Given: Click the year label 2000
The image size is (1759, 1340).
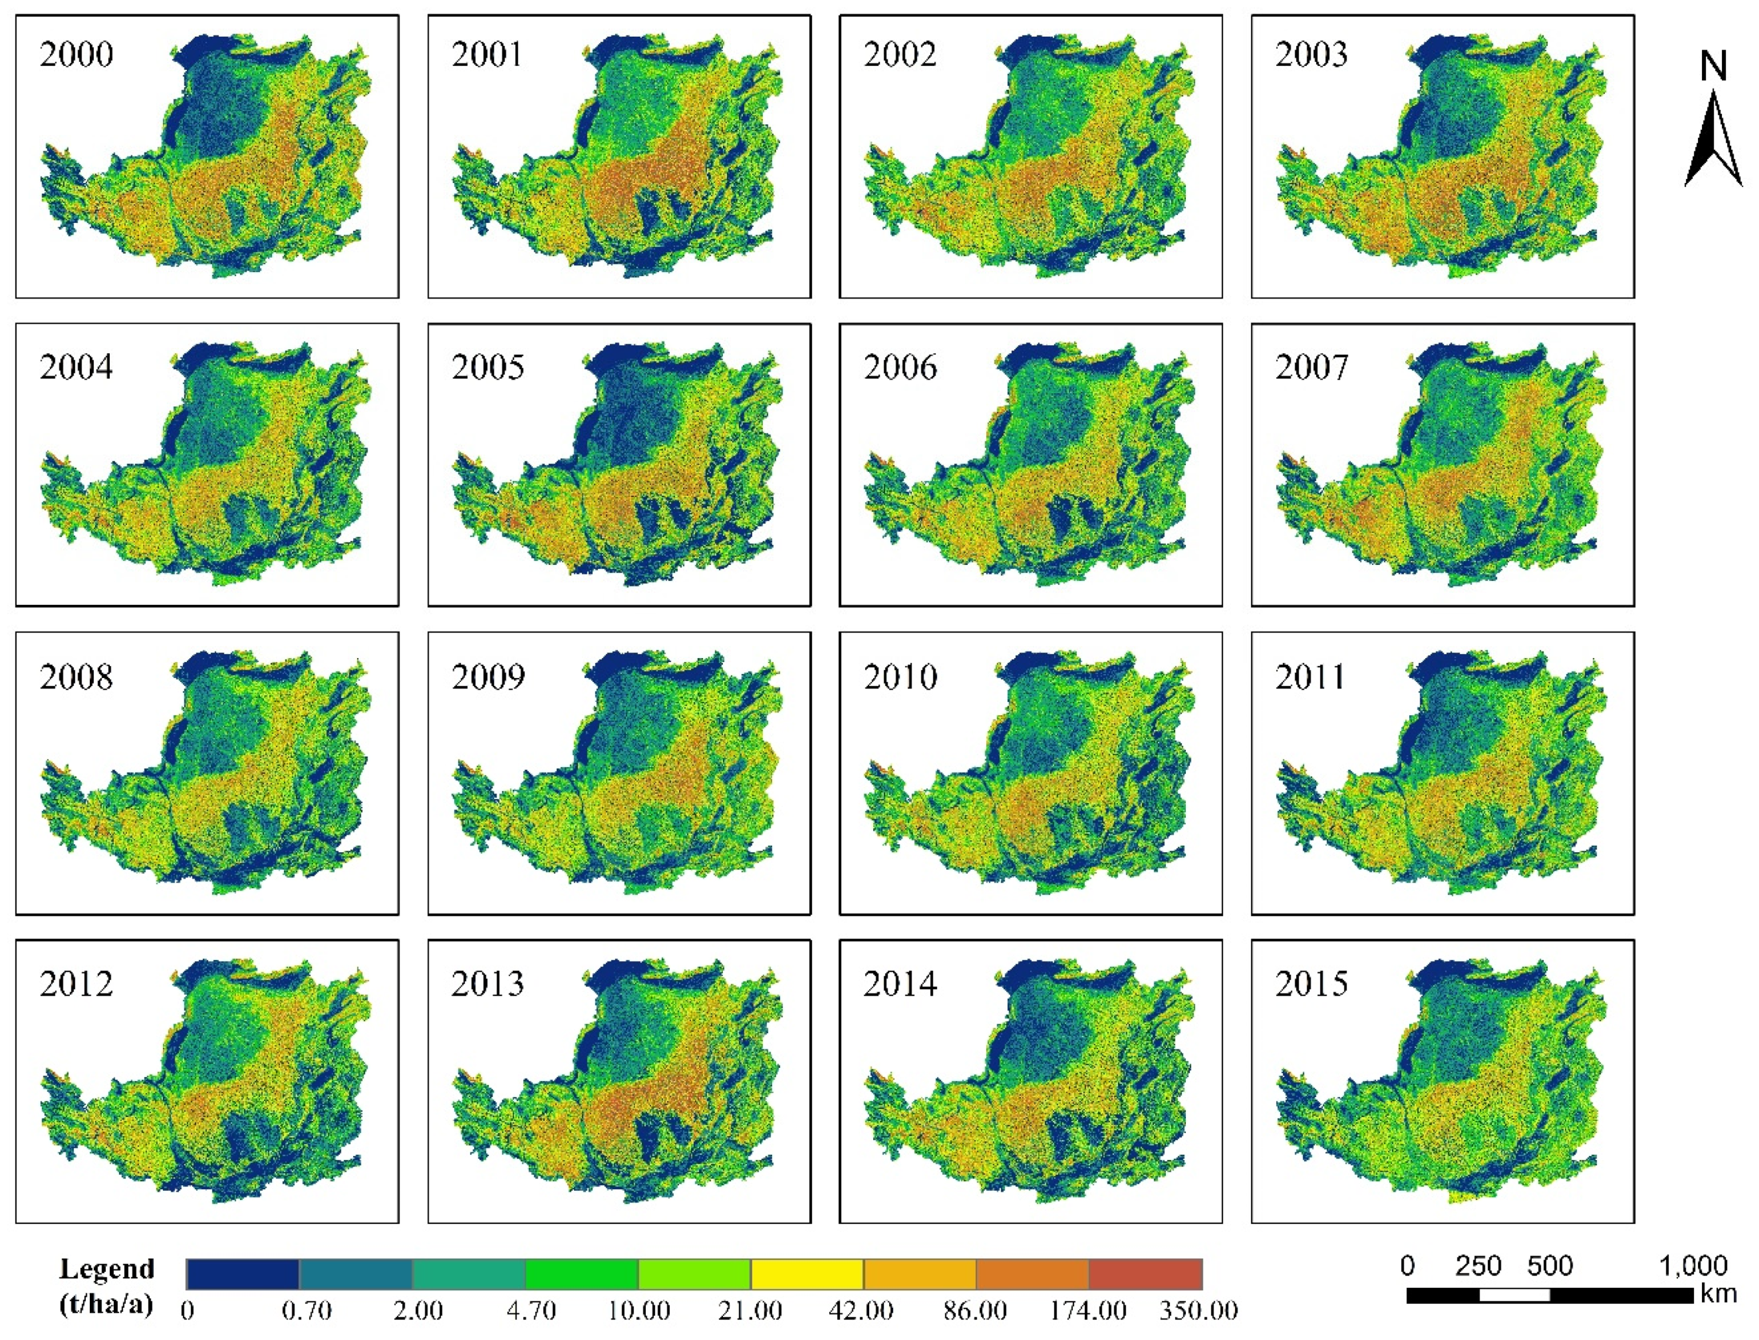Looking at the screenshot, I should coord(77,55).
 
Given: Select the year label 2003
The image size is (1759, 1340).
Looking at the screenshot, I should coord(1312,55).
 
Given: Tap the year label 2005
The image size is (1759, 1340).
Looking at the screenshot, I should coord(488,368).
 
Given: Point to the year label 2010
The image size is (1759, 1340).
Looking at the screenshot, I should coord(900,677).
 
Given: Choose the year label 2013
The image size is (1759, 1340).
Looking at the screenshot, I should coord(488,984).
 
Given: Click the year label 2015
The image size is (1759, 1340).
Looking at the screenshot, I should coord(1312,984).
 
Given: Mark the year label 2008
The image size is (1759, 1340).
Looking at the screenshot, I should coord(77,677).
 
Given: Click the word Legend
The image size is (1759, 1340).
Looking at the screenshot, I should coord(107,1268).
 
